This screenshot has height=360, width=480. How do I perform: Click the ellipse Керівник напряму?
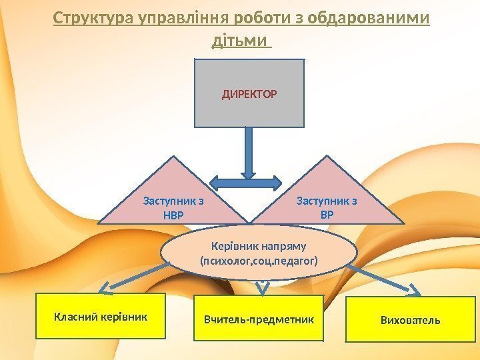pos(259,253)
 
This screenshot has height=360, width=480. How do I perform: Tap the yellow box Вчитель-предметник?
pos(258,320)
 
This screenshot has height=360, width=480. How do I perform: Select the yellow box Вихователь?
pos(410,320)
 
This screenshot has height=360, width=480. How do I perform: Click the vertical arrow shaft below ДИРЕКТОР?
pos(249,150)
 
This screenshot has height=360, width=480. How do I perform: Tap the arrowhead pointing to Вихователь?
pos(415,291)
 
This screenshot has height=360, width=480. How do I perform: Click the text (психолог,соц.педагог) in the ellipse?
pos(259,260)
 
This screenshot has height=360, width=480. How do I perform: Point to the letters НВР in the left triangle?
pos(173,215)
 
